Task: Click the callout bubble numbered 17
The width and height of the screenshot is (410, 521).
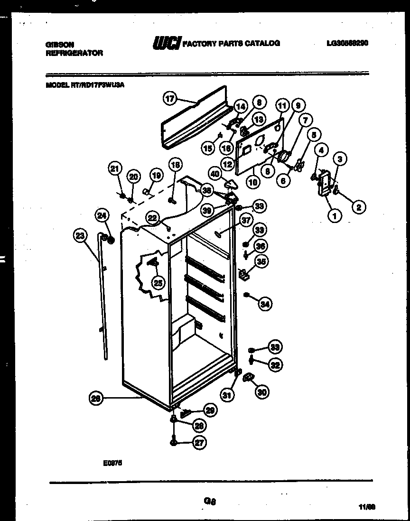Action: [x=170, y=99]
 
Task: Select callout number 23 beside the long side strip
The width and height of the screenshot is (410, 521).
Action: [x=81, y=235]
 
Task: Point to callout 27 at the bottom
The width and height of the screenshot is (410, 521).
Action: [x=199, y=443]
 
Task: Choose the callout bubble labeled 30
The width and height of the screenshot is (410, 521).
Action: [x=261, y=391]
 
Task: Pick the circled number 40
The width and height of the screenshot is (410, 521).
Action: [x=215, y=174]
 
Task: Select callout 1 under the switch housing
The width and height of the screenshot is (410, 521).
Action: [x=335, y=216]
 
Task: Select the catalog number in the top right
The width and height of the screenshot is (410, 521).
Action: [x=347, y=43]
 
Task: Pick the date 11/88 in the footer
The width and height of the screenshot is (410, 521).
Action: [x=368, y=507]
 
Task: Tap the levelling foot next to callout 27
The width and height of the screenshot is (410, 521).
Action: [x=174, y=443]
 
